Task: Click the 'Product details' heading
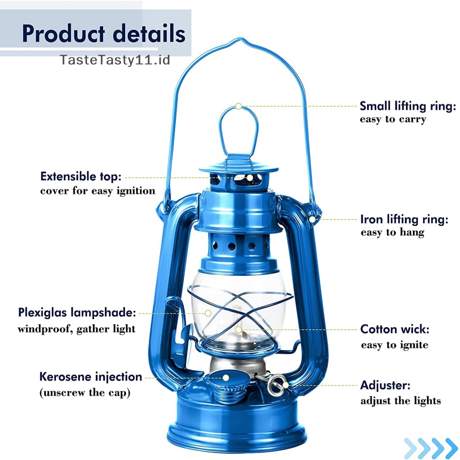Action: pyautogui.click(x=103, y=34)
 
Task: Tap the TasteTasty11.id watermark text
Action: pyautogui.click(x=115, y=60)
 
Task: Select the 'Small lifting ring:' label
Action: pyautogui.click(x=408, y=106)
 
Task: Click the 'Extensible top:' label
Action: pyautogui.click(x=81, y=176)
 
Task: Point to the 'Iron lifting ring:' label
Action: pyautogui.click(x=404, y=219)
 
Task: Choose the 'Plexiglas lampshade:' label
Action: pyautogui.click(x=77, y=313)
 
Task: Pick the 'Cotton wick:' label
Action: pyautogui.click(x=395, y=329)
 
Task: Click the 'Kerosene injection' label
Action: pyautogui.click(x=91, y=377)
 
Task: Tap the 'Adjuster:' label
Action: pyautogui.click(x=385, y=385)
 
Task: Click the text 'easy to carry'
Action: pyautogui.click(x=393, y=120)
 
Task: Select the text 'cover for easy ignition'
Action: pyautogui.click(x=98, y=190)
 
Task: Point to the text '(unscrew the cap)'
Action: pyautogui.click(x=85, y=393)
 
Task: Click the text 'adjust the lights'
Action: pyautogui.click(x=400, y=401)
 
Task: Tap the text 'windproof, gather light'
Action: pyautogui.click(x=76, y=329)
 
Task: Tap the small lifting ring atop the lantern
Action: pyautogui.click(x=238, y=129)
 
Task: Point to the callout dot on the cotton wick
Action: pyautogui.click(x=238, y=329)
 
